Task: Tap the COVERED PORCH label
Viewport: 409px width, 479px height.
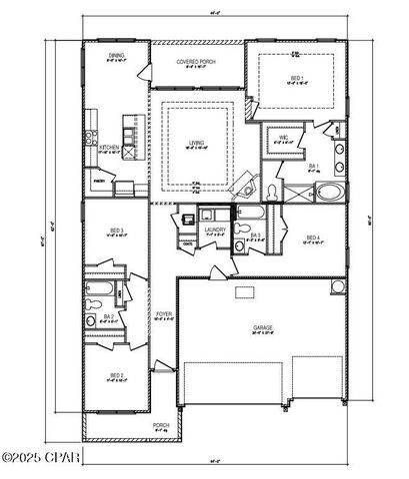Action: (x=197, y=62)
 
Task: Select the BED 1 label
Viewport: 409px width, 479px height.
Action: (x=297, y=78)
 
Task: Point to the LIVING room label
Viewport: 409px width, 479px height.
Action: (x=197, y=143)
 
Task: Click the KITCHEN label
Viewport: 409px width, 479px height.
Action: (x=110, y=147)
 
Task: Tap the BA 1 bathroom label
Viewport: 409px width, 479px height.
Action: (x=314, y=166)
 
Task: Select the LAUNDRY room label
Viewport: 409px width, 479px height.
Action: (x=214, y=230)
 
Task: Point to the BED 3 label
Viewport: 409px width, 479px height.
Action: (x=117, y=231)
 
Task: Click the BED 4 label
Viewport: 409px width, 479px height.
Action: (x=313, y=238)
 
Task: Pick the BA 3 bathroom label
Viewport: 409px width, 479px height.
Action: (x=255, y=236)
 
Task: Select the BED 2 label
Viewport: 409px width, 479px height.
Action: (x=117, y=375)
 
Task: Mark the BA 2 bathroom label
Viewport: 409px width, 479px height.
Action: (x=109, y=316)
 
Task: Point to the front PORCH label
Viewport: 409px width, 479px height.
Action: (x=160, y=424)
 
